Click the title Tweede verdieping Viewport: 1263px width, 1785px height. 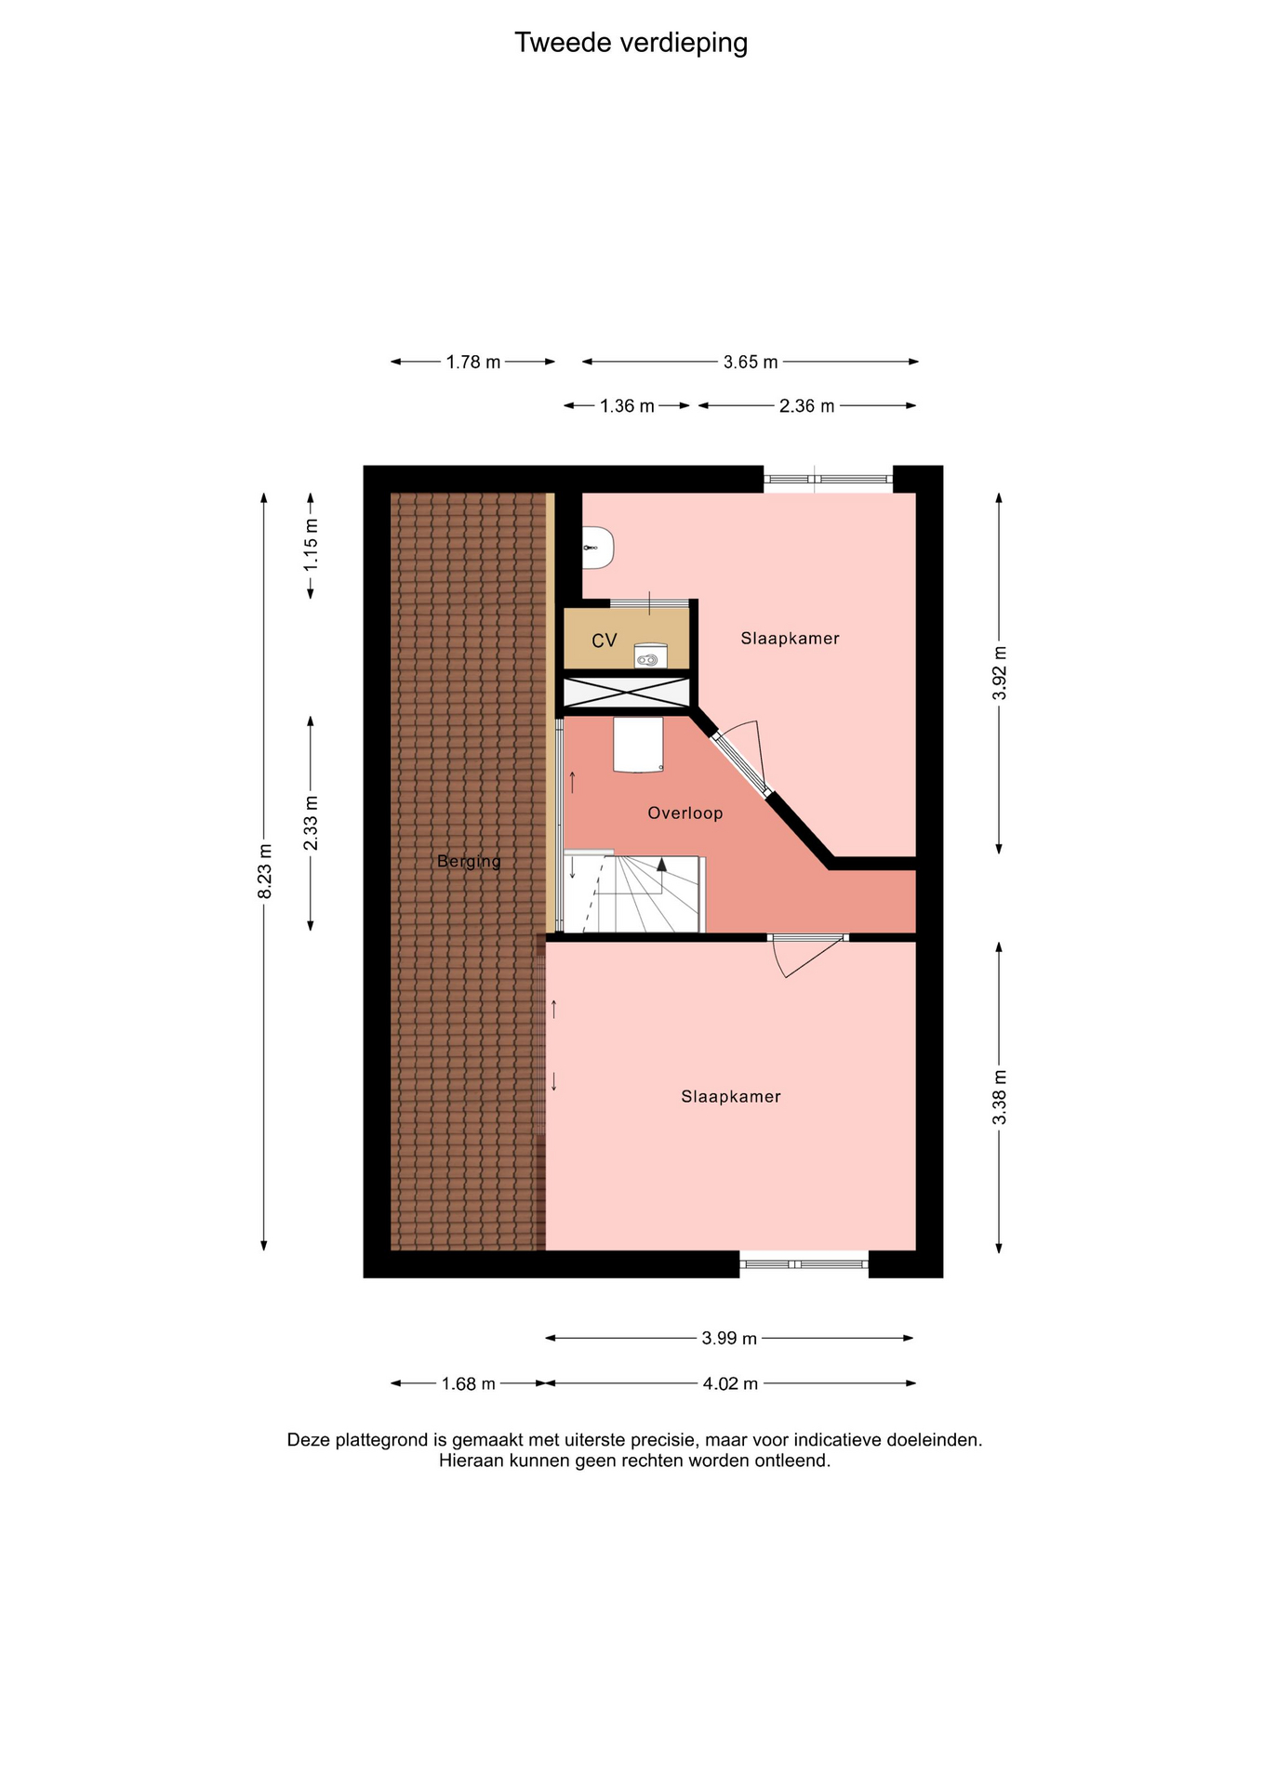click(631, 44)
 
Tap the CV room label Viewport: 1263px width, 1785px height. click(605, 641)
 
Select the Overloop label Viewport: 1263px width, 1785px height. click(685, 813)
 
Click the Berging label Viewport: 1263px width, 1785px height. click(469, 862)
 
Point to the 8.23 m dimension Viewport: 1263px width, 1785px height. click(265, 871)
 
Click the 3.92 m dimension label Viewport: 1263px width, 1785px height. click(1000, 673)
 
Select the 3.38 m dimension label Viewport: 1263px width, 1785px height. click(1000, 1097)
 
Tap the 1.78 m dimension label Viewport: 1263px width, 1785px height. click(473, 363)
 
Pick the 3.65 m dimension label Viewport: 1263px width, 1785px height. click(751, 363)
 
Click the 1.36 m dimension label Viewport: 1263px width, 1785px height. click(627, 406)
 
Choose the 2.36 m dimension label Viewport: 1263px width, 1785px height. click(806, 406)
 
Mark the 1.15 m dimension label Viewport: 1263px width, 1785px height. click(311, 546)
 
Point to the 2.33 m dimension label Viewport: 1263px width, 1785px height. click(311, 823)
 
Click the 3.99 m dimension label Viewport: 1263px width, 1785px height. click(729, 1339)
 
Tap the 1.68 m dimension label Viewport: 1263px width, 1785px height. click(468, 1384)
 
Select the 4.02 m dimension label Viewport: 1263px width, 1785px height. click(730, 1384)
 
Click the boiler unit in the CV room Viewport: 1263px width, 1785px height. click(650, 656)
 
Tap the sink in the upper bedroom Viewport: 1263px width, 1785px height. click(598, 548)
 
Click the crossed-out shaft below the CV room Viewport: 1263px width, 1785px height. click(627, 693)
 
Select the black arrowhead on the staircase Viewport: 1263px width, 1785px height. click(661, 864)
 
